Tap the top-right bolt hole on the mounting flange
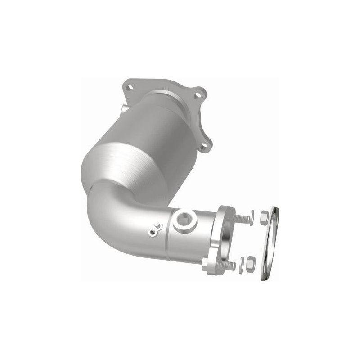pos(196,95)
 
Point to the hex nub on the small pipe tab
pos(157,226)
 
